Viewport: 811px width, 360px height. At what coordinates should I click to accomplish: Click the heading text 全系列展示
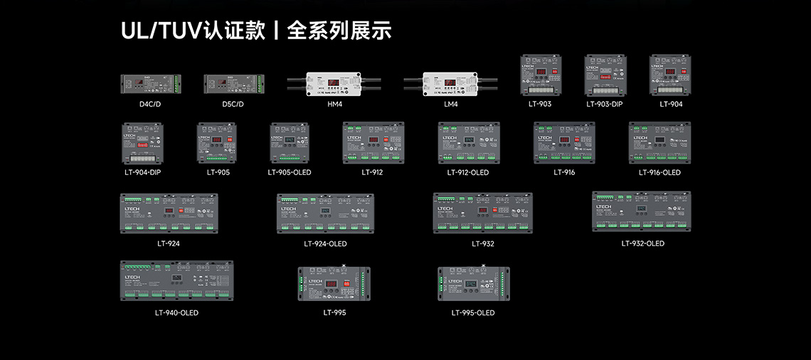tap(339, 31)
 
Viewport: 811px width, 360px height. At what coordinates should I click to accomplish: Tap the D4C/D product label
tap(150, 104)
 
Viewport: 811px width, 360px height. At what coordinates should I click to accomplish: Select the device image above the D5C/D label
tap(233, 84)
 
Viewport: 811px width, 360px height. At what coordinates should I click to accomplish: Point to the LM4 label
tap(450, 104)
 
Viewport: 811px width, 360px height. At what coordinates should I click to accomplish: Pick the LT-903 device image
tap(540, 75)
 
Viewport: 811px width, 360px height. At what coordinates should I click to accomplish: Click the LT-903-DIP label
tap(604, 104)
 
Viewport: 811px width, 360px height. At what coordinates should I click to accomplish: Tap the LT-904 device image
tap(671, 75)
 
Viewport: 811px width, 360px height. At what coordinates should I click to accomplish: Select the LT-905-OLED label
tap(290, 172)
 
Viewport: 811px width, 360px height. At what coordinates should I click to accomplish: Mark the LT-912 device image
tap(372, 143)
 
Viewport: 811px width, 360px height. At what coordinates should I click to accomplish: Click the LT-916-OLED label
tap(659, 172)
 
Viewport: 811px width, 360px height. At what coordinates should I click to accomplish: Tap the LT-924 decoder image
tap(169, 213)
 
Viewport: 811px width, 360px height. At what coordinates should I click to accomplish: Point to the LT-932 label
tap(483, 243)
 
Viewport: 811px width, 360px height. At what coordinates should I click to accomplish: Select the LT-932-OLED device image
tap(642, 211)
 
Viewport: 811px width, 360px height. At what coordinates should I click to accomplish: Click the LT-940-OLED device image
tap(176, 281)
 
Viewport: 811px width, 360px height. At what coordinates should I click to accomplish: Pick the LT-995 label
tap(334, 312)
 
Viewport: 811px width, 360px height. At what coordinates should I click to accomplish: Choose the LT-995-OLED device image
tap(473, 284)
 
